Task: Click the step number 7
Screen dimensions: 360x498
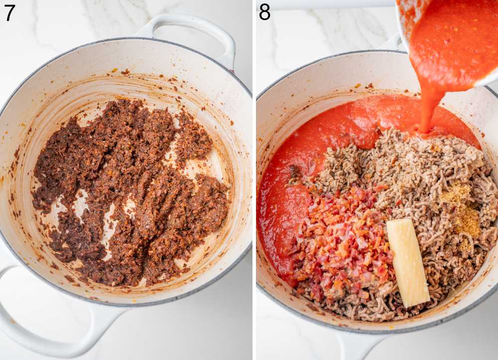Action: (x=9, y=12)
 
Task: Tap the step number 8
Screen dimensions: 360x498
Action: (x=264, y=12)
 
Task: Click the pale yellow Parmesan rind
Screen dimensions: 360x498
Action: (x=408, y=261)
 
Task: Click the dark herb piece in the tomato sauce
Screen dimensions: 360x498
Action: (x=295, y=172)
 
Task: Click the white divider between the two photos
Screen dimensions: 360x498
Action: (x=254, y=179)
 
